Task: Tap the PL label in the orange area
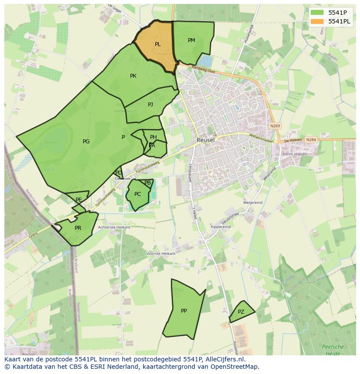[x=157, y=44]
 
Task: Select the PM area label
[x=191, y=40]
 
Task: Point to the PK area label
[x=133, y=76]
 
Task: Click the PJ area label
[x=150, y=104]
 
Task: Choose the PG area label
[x=86, y=142]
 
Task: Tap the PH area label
[x=153, y=137]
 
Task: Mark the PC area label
[x=137, y=194]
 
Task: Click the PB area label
[x=147, y=183]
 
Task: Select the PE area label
[x=79, y=200]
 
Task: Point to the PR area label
[x=78, y=228]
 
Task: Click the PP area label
[x=184, y=311]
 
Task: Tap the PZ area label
[x=241, y=312]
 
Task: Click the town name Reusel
[x=206, y=140]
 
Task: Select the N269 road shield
[x=275, y=126]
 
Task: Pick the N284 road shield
[x=310, y=140]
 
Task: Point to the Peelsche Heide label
[x=333, y=350]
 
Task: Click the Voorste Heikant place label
[x=161, y=253]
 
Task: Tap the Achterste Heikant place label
[x=114, y=227]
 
